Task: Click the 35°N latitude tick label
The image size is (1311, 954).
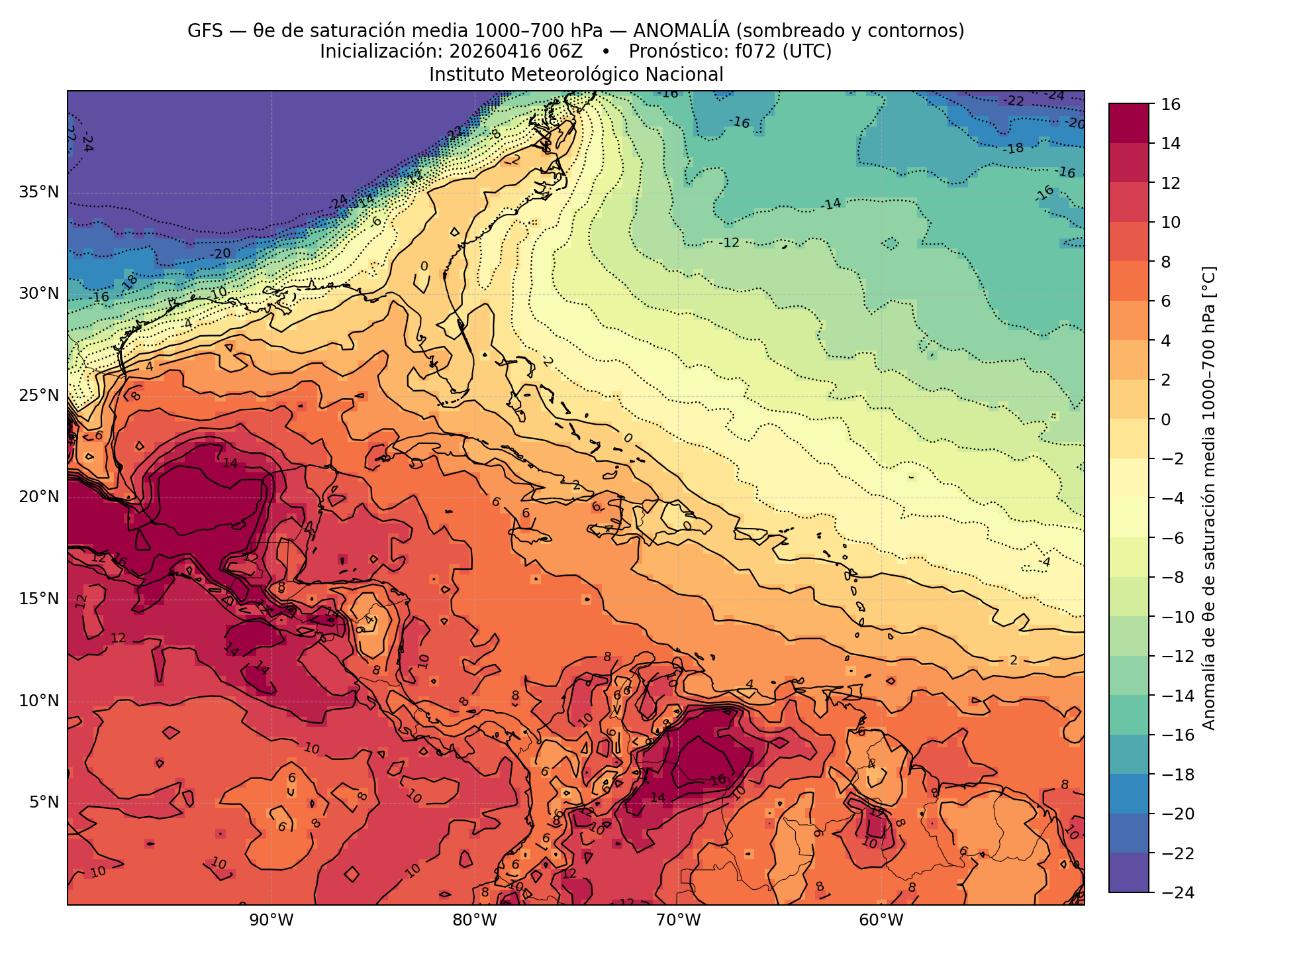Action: (x=39, y=192)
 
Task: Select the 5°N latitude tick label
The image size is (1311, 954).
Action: (x=44, y=803)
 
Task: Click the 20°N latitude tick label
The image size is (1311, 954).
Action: (x=39, y=497)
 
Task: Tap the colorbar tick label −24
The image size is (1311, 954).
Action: (x=1177, y=892)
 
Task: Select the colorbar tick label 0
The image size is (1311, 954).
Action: (x=1166, y=419)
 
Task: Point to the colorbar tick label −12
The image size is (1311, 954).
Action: (x=1177, y=656)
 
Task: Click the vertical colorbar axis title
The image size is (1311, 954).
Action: (x=1209, y=498)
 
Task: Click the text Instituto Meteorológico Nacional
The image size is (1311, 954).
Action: (x=576, y=75)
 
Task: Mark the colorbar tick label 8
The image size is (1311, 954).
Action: (x=1166, y=262)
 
